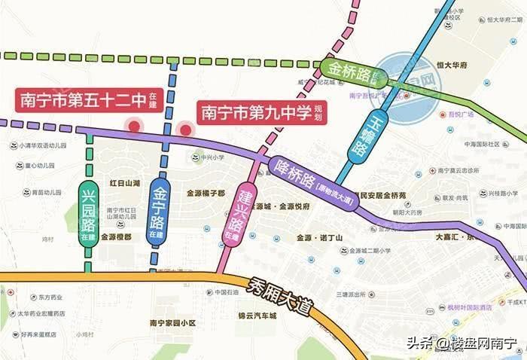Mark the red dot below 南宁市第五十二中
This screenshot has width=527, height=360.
[x=135, y=127]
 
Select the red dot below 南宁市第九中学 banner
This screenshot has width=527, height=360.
[x=184, y=130]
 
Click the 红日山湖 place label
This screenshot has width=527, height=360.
[x=125, y=183]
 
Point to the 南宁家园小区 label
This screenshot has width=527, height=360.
[x=172, y=323]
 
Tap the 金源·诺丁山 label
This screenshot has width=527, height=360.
[x=319, y=237]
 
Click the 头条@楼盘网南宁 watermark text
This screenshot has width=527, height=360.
[x=462, y=344]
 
